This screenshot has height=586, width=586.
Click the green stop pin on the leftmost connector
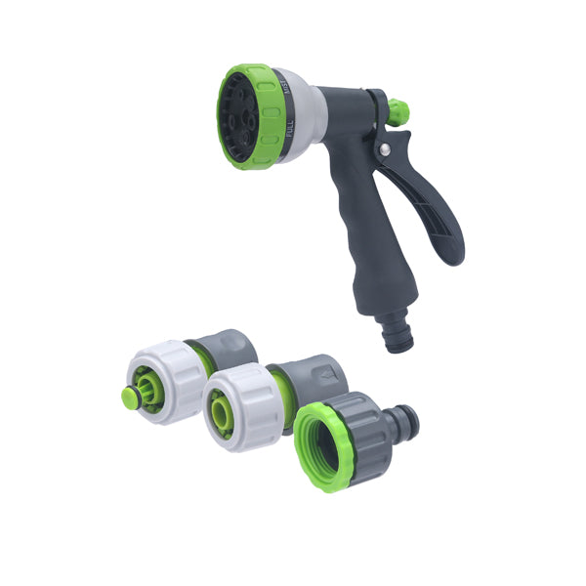pyautogui.click(x=130, y=397)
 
